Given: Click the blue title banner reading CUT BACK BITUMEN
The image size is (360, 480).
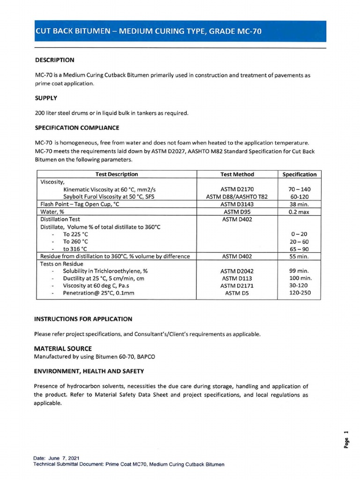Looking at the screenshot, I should (x=180, y=31).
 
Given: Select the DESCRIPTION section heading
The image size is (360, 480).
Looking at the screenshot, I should (x=54, y=60).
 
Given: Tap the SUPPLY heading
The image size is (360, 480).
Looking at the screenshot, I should (x=46, y=98).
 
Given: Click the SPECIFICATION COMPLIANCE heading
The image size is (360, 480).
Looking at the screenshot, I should (x=77, y=127).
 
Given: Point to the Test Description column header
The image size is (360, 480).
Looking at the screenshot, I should (x=117, y=174).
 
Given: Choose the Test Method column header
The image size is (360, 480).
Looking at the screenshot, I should (x=237, y=174).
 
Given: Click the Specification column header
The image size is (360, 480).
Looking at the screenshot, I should (x=300, y=174).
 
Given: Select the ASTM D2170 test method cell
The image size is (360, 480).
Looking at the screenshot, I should (x=237, y=189).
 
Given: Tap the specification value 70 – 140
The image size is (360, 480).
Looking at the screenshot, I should (x=300, y=189).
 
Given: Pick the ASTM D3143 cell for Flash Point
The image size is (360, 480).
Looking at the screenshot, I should (x=237, y=204).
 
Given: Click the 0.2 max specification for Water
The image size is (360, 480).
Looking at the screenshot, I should (x=300, y=212).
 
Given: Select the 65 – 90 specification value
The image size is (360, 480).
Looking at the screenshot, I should (x=300, y=249).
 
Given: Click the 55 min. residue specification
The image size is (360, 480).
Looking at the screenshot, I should (x=300, y=256).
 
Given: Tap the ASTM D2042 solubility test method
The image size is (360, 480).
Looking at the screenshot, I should (x=237, y=271).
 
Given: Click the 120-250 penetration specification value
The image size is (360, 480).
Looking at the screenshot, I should (x=300, y=293).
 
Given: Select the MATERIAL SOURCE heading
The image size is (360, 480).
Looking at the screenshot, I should (x=63, y=348).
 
